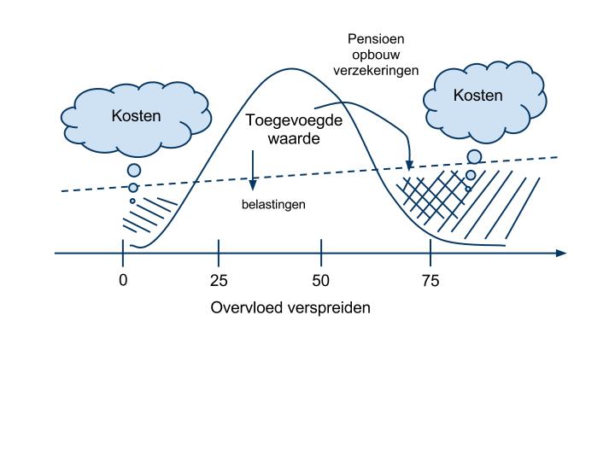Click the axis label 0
[x=123, y=280]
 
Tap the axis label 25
[x=220, y=280]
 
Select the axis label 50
[x=321, y=280]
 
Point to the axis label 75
[x=430, y=280]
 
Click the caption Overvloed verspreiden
[x=290, y=307]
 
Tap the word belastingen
[x=272, y=205]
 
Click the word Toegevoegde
[x=294, y=120]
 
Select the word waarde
[x=294, y=137]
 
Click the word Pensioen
[x=376, y=39]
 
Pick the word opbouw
[x=376, y=55]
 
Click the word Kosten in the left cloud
[x=136, y=115]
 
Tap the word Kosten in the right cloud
[x=477, y=96]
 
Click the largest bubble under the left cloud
[x=134, y=170]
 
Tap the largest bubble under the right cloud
[x=474, y=156]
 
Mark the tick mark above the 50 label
[x=321, y=253]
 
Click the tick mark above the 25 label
[x=220, y=253]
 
